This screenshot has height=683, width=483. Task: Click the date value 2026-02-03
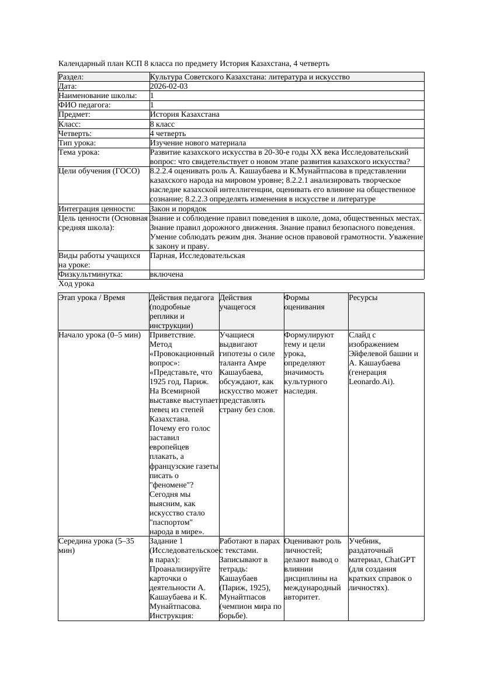pyautogui.click(x=169, y=86)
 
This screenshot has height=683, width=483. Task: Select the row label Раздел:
pyautogui.click(x=71, y=77)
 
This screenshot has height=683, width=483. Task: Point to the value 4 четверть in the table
pyautogui.click(x=169, y=134)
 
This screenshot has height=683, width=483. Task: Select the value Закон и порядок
pyautogui.click(x=178, y=209)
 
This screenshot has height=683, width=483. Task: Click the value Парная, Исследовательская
pyautogui.click(x=197, y=256)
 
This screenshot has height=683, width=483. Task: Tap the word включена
pyautogui.click(x=166, y=274)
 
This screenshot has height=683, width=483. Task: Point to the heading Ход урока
pyautogui.click(x=77, y=284)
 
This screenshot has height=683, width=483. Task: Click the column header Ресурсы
pyautogui.click(x=363, y=298)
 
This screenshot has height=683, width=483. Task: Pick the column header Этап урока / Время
pyautogui.click(x=92, y=298)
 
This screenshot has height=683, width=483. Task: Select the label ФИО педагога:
pyautogui.click(x=85, y=105)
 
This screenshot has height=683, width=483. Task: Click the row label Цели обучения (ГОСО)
pyautogui.click(x=99, y=171)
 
